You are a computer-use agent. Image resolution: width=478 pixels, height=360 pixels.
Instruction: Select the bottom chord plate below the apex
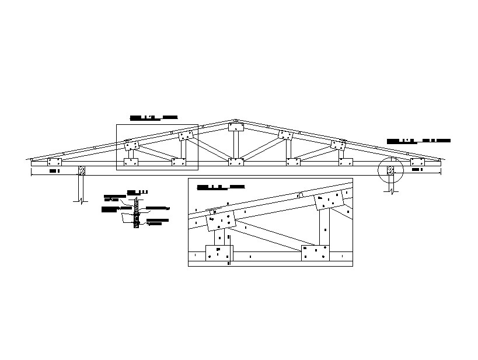[x=236, y=162]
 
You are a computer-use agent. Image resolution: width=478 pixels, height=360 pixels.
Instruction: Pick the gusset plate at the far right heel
[x=417, y=162]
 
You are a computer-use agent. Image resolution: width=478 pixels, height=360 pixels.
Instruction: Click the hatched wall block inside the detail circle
[x=390, y=170]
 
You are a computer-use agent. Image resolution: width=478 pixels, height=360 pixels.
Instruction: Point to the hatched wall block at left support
[x=82, y=170]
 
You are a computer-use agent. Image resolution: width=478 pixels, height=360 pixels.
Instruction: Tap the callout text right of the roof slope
[x=418, y=141]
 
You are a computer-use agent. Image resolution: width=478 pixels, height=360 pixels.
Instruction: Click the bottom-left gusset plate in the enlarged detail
[x=219, y=253]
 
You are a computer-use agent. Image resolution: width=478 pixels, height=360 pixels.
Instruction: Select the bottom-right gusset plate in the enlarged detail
[x=315, y=253]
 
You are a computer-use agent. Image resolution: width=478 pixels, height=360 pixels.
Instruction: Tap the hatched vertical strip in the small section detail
[x=136, y=213]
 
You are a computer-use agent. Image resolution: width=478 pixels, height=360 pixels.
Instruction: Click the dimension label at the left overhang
[x=54, y=172]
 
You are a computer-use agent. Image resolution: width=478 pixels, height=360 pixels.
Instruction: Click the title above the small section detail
[x=138, y=191]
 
